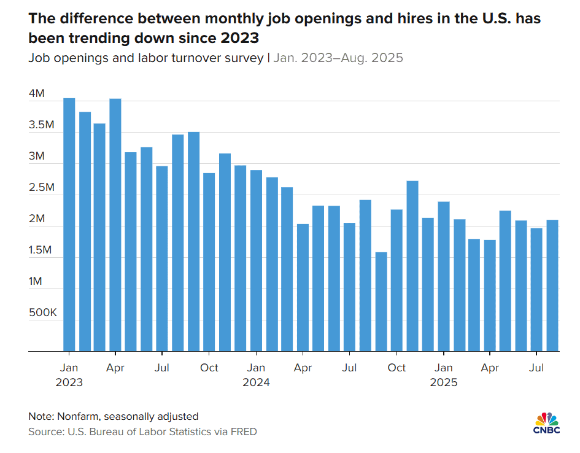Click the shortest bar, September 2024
tap(381, 301)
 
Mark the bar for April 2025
tap(490, 295)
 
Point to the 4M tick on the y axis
tap(37, 94)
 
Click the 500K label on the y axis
tap(42, 313)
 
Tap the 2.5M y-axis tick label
tap(42, 188)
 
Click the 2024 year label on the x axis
tap(256, 382)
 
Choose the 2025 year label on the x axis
tap(443, 382)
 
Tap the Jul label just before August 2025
tap(537, 368)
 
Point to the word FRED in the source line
tap(244, 432)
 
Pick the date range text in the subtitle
tap(338, 58)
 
